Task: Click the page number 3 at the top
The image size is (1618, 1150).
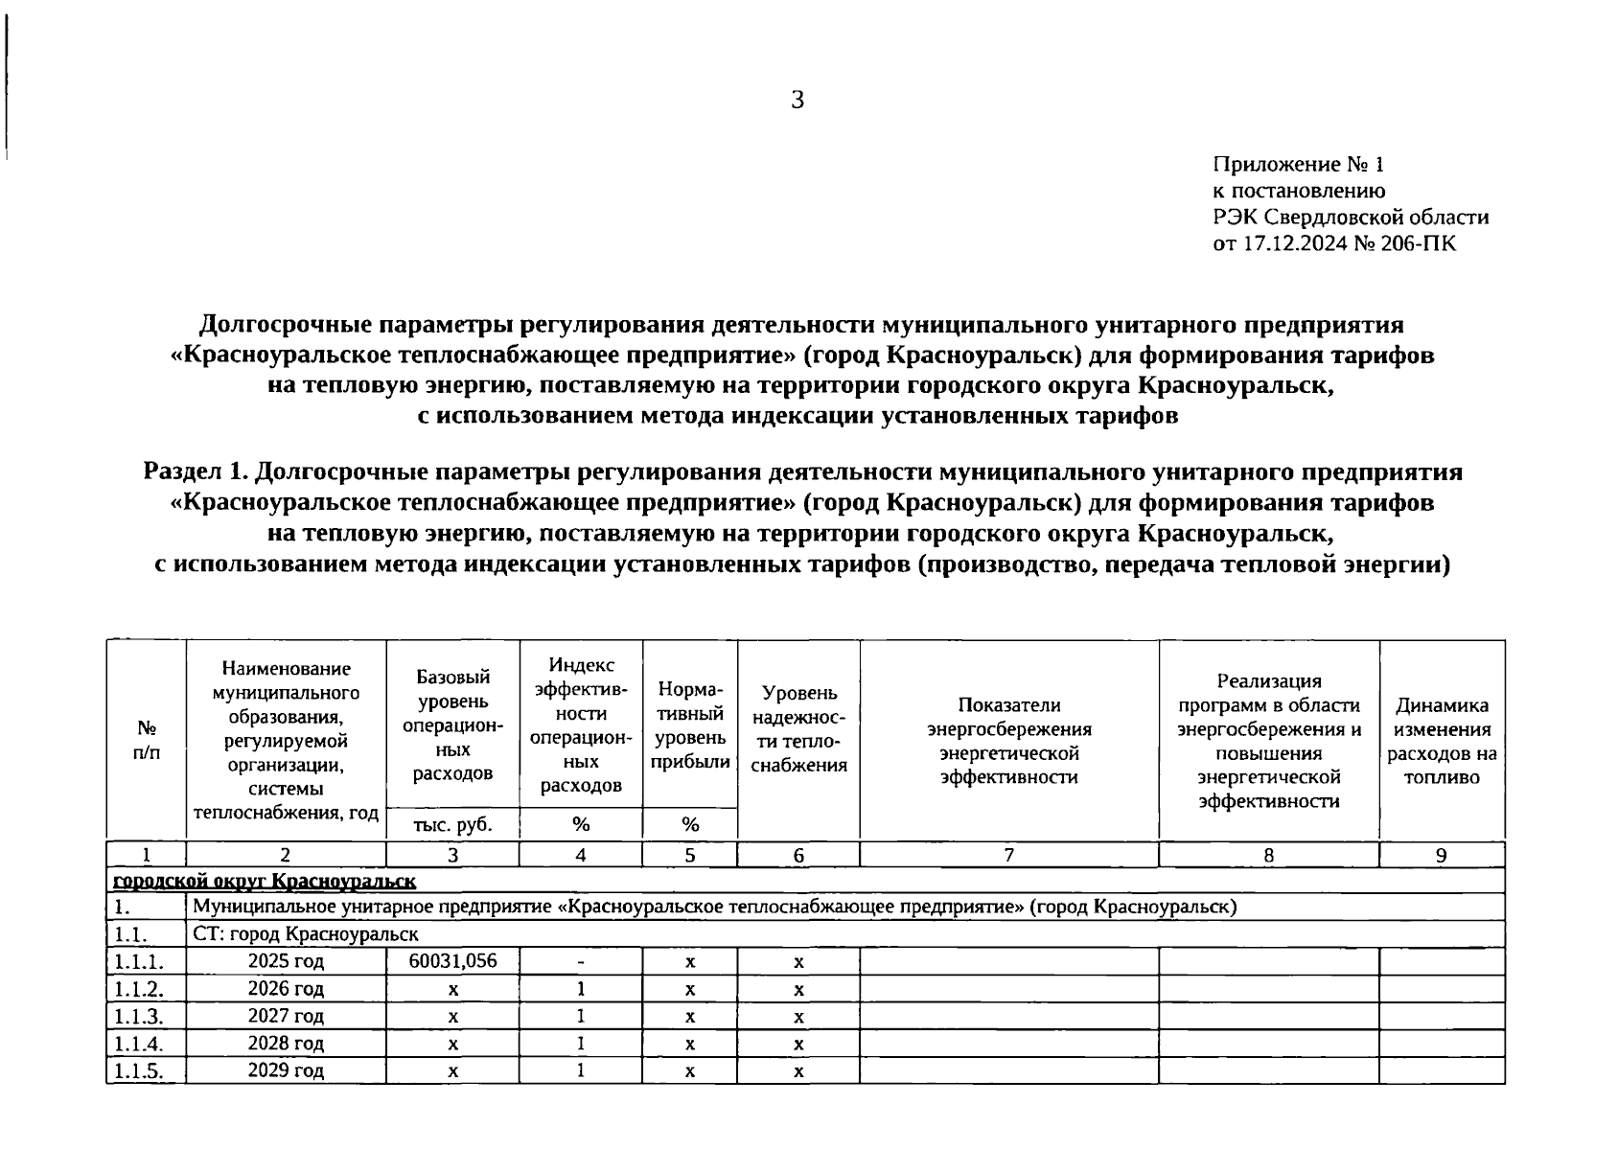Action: click(x=797, y=100)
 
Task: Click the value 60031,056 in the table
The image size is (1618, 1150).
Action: click(x=452, y=960)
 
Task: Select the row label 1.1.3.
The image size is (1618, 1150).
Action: click(x=138, y=1016)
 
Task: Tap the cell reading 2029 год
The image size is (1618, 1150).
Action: click(x=286, y=1069)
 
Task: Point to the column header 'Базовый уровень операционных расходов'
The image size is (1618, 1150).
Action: click(x=452, y=724)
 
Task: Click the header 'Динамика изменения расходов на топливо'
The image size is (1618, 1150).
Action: click(x=1442, y=741)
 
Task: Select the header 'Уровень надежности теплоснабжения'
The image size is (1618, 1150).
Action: click(x=798, y=728)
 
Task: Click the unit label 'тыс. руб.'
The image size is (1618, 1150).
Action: click(x=452, y=824)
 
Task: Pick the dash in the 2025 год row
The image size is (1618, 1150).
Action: click(x=581, y=961)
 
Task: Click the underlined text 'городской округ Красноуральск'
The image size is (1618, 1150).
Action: click(x=265, y=881)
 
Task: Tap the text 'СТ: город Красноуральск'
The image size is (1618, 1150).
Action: click(x=306, y=933)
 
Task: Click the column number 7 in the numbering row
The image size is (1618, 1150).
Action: click(x=1008, y=856)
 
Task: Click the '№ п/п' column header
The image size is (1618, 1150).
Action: click(x=147, y=740)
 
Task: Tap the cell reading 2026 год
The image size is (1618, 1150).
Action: click(x=286, y=988)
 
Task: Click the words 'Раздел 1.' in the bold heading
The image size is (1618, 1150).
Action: click(x=196, y=471)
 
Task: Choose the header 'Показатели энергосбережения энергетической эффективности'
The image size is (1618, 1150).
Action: click(x=1008, y=741)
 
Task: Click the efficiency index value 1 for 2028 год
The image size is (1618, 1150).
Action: click(x=581, y=1043)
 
